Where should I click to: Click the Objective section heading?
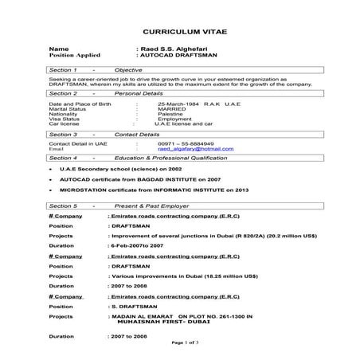point(129,70)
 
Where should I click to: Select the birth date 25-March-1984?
point(180,104)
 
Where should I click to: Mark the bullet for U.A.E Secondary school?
point(51,170)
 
